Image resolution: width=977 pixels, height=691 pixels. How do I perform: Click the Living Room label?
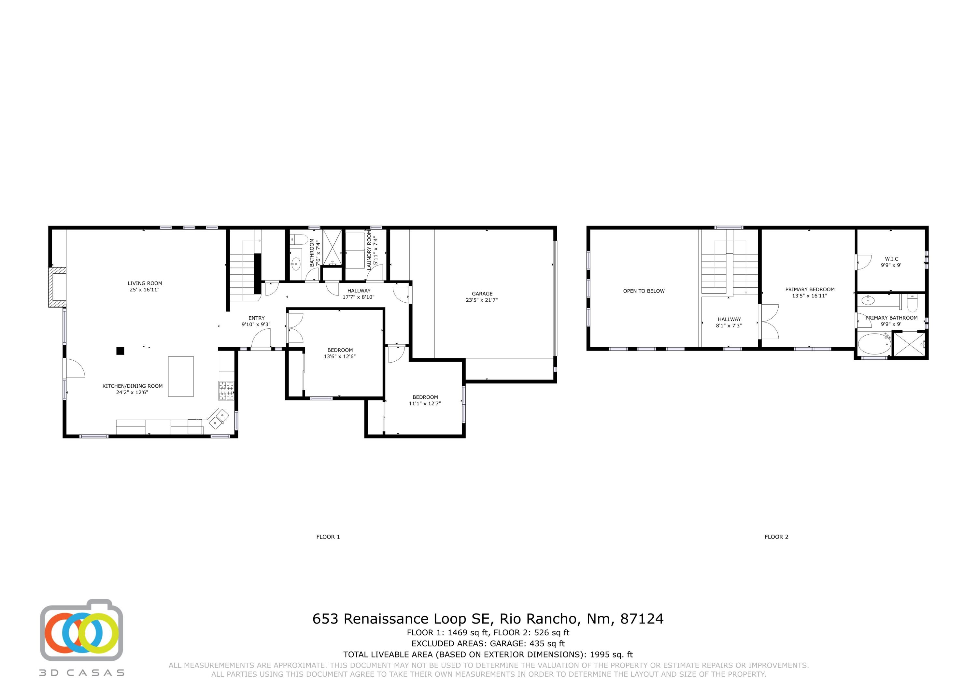coord(145,283)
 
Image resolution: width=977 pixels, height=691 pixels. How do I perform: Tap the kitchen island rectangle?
coord(180,376)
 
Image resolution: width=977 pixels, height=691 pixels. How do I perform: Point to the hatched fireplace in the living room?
coord(57,287)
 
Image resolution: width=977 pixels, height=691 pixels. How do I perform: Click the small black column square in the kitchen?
coord(120,351)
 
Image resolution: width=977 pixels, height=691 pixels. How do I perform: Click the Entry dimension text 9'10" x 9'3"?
coord(256,324)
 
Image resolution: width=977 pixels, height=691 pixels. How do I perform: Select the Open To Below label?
coord(644,291)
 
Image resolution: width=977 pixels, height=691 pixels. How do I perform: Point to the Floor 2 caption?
coord(776,537)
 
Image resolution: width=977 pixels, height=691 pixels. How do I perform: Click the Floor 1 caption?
coord(328,537)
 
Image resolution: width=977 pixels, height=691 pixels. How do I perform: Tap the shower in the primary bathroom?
coord(909,344)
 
